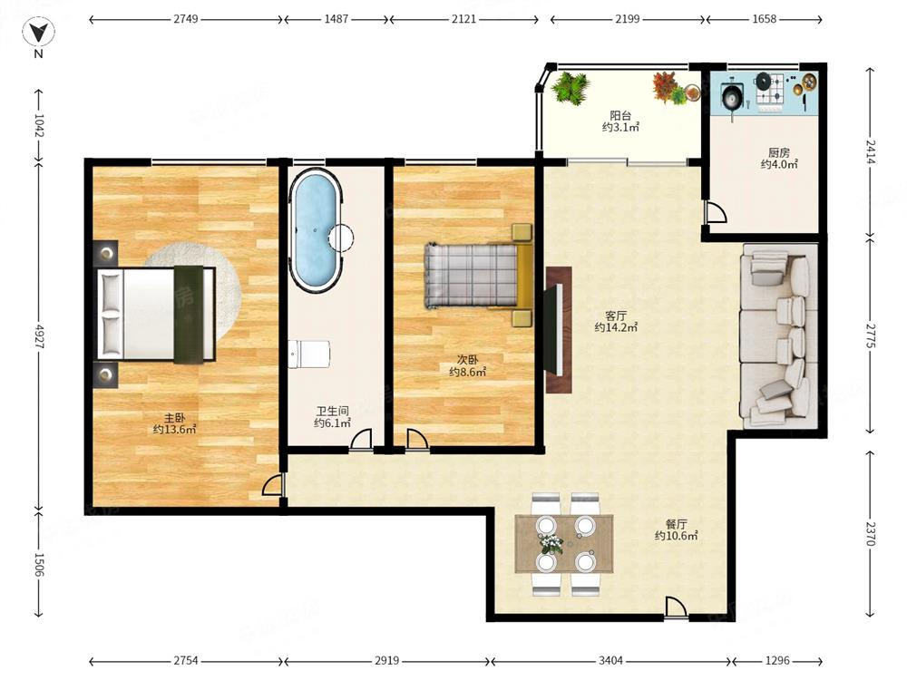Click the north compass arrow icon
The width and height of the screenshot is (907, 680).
pos(38,33)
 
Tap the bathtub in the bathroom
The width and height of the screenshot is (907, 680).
pos(316,229)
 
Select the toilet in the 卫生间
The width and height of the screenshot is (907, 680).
pos(309,354)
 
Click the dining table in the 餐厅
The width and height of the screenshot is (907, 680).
pos(564,543)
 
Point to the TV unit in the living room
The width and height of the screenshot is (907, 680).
pos(559,330)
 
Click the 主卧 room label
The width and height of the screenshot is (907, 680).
pos(174,417)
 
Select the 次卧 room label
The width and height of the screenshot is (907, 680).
pos(467,360)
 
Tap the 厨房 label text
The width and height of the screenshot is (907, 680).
pos(778,152)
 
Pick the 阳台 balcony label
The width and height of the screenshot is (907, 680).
pos(620,116)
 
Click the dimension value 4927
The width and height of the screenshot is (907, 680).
pos(39,336)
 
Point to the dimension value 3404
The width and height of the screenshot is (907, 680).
pos(610,660)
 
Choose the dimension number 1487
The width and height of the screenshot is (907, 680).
pos(336,19)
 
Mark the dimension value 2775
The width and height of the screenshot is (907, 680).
pos(871,335)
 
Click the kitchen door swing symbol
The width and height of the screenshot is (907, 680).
pos(716,211)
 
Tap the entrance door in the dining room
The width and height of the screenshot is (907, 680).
pos(675,608)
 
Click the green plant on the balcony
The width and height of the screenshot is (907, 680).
pos(571,88)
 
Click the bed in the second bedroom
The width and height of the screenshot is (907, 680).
pos(478,275)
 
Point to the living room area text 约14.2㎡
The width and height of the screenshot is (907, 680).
pos(616,327)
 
